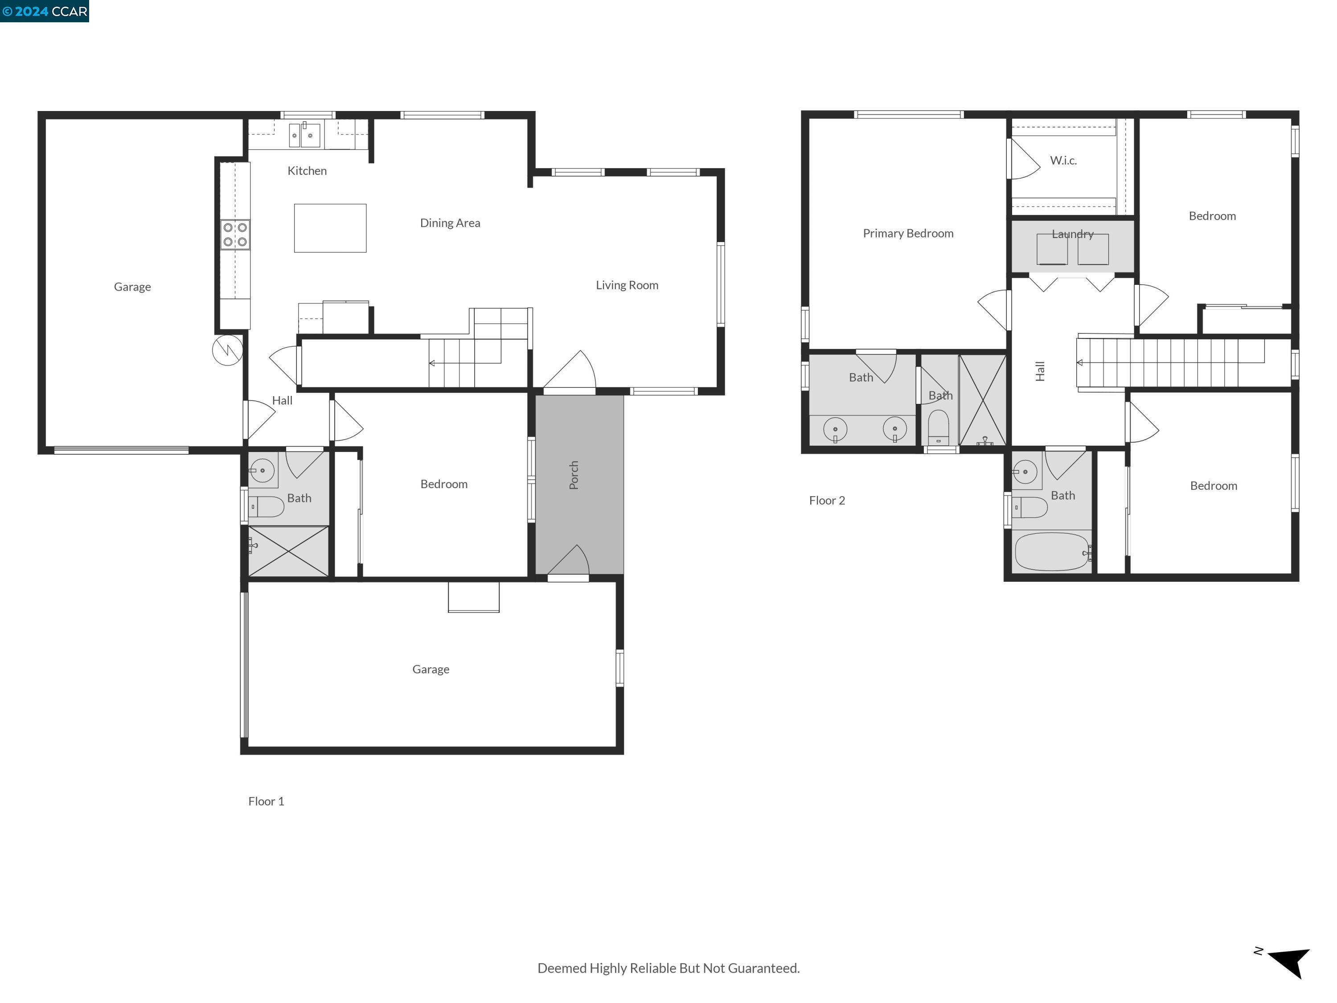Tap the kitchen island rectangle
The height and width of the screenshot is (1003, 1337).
(330, 228)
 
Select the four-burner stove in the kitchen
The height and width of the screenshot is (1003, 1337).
(234, 234)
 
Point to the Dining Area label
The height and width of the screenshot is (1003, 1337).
(450, 223)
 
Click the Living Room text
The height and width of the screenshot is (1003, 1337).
(627, 285)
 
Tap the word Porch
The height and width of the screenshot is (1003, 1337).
(574, 475)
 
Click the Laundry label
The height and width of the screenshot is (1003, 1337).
(1072, 234)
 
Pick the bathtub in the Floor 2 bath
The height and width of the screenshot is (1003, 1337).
(1052, 551)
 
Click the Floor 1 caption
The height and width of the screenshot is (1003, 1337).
(266, 801)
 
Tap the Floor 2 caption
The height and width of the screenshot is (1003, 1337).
(827, 501)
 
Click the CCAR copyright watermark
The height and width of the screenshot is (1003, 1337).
(45, 11)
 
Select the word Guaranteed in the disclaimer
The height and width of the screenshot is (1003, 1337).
(763, 968)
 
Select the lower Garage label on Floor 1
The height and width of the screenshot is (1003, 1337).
(431, 669)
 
